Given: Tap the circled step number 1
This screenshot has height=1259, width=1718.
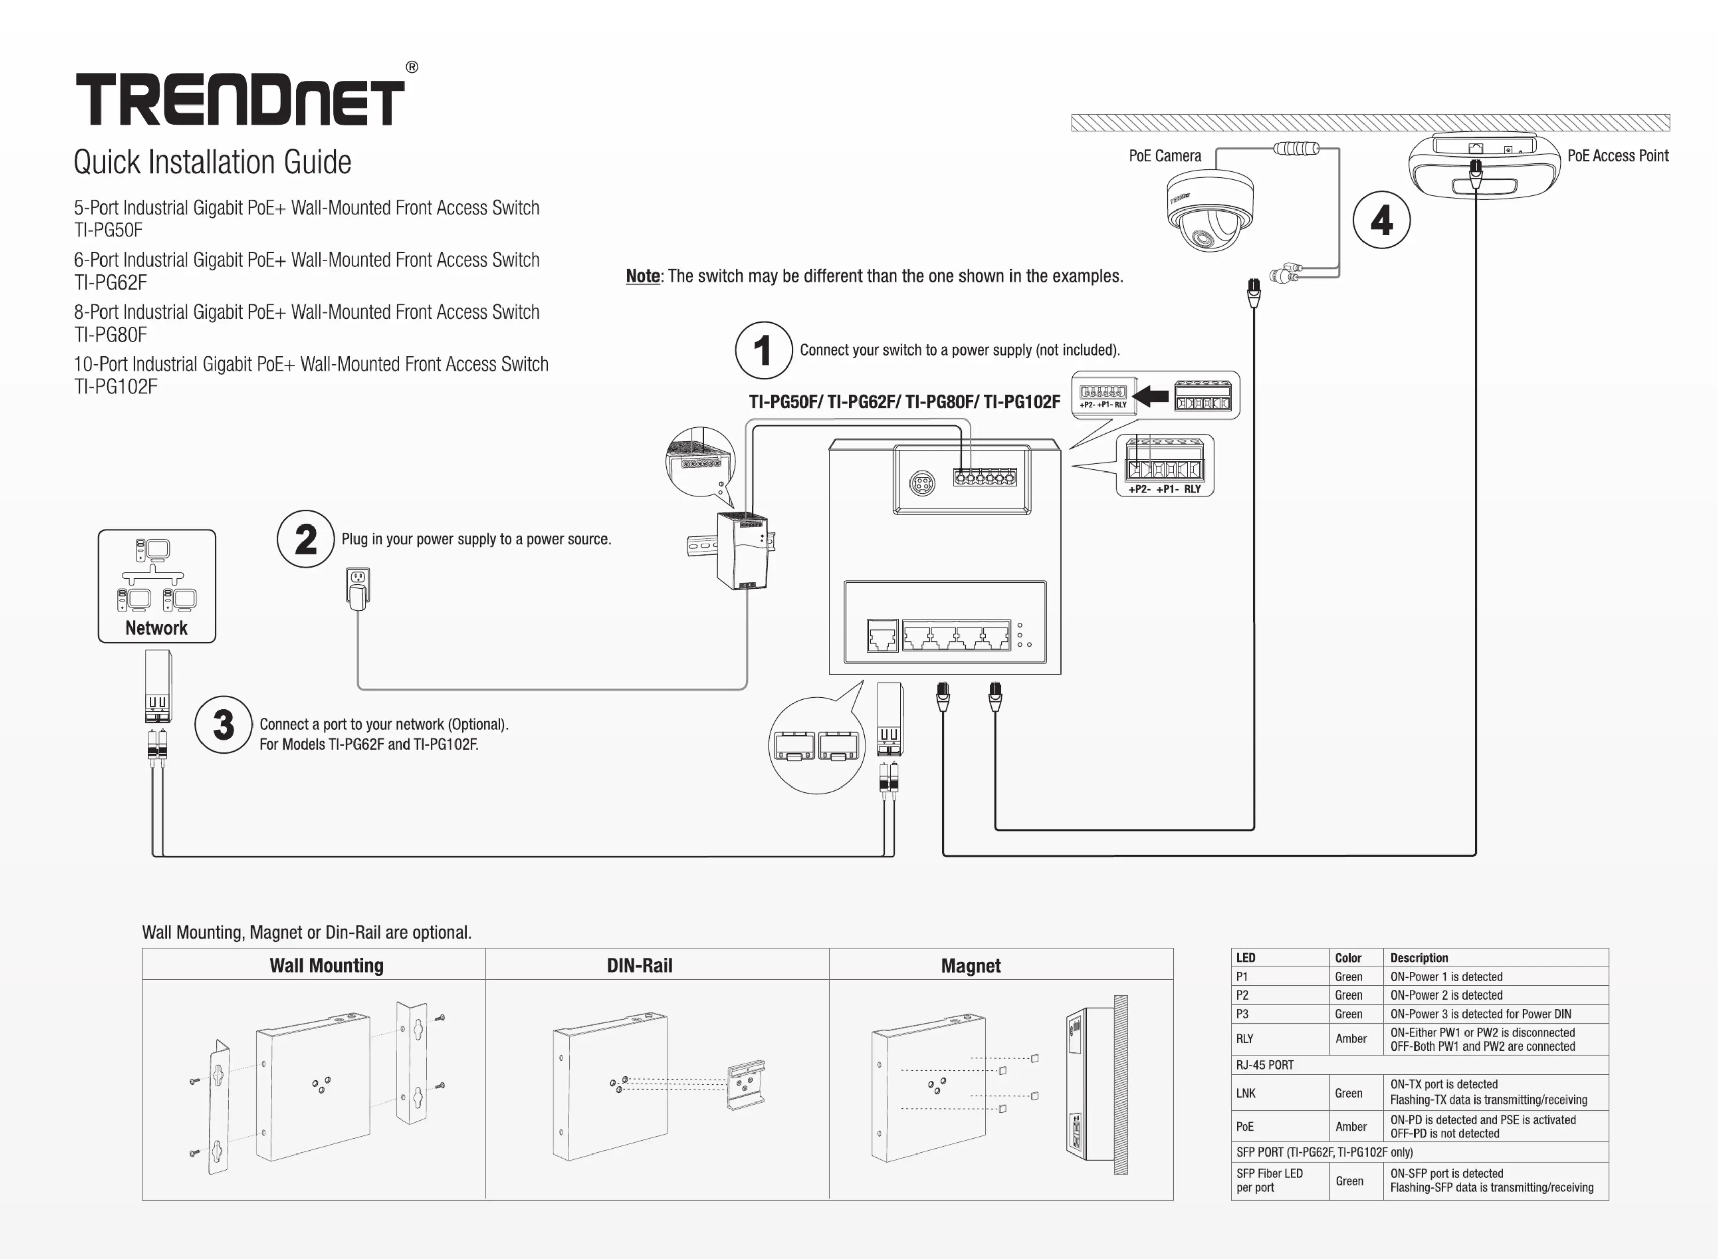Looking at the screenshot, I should [763, 350].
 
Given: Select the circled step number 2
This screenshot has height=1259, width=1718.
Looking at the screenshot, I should [306, 539].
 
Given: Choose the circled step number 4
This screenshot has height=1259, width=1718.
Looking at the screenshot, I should [1381, 220].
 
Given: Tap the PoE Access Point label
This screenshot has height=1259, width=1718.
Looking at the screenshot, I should [1618, 156].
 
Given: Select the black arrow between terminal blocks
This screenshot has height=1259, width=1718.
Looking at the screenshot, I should [1151, 396].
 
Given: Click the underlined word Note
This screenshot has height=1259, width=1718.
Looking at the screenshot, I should [642, 276].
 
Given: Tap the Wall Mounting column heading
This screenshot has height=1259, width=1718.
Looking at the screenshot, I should [326, 966].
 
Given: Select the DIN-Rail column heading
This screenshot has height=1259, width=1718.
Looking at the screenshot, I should [639, 966].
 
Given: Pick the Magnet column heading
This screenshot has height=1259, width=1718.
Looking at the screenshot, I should [970, 966].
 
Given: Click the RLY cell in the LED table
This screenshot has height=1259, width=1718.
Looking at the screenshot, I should [1245, 1039].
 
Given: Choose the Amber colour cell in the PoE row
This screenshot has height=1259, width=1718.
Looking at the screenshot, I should [1351, 1126].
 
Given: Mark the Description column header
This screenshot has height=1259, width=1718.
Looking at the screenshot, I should [1419, 958].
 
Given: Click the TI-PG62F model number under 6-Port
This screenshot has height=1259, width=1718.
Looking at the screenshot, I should [111, 283].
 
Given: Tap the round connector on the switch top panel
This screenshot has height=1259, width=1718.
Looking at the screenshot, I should [922, 483].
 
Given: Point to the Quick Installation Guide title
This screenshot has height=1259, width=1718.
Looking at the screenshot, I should [213, 163].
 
